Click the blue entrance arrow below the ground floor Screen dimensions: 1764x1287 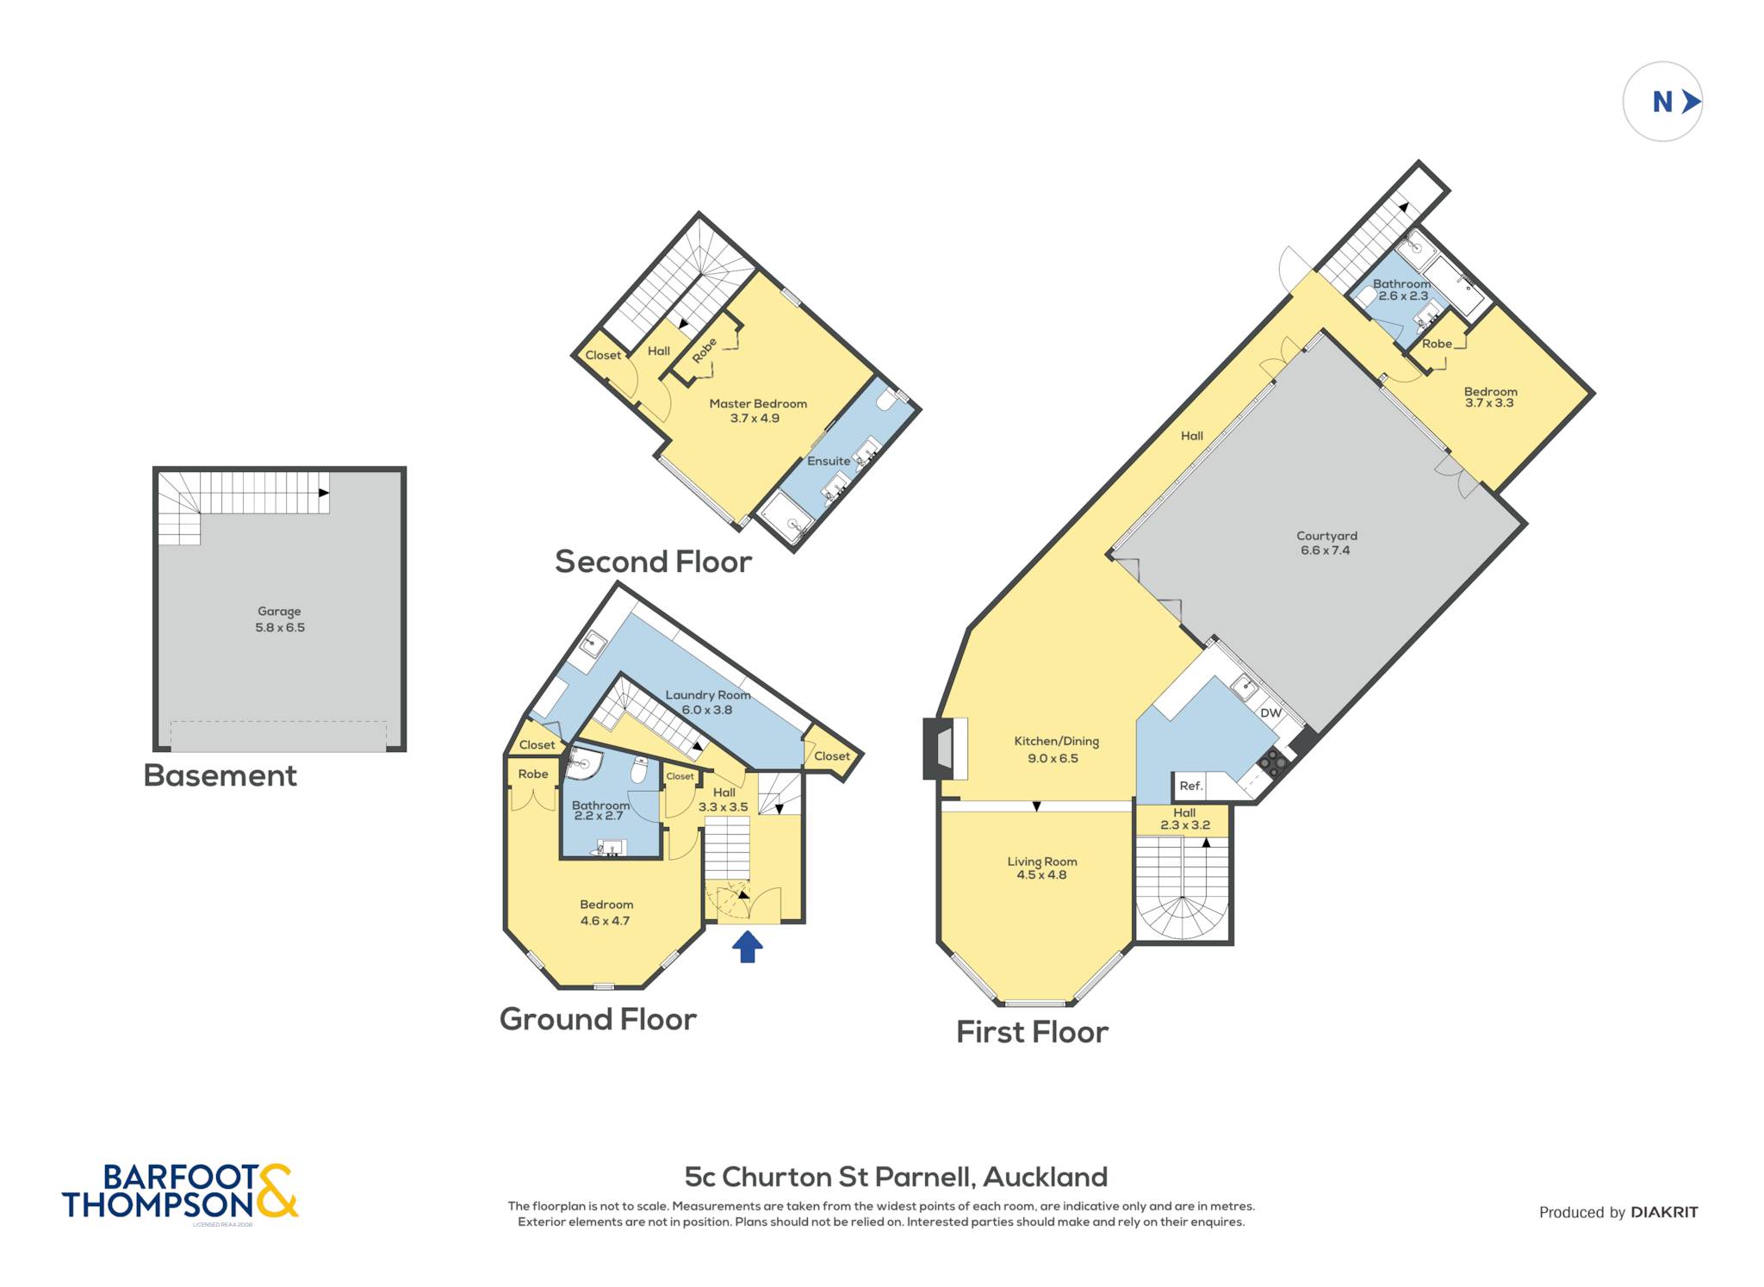pos(747,947)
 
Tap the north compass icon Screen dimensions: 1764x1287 pos(1662,102)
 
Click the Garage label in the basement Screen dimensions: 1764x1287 pos(279,612)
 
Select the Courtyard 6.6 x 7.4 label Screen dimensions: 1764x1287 pos(1326,543)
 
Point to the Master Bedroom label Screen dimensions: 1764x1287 pos(758,404)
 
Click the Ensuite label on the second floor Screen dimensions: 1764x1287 pos(829,461)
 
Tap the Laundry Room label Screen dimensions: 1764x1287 pos(708,695)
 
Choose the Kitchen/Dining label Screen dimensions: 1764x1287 pos(1056,742)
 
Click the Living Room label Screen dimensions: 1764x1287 pos(1042,861)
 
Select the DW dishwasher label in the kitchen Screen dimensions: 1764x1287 pos(1270,713)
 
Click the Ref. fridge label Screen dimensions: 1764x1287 pos(1190,786)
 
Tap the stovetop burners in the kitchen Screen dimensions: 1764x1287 pos(1274,762)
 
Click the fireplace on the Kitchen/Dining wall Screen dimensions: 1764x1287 pos(945,749)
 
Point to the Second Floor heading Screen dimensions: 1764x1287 pos(653,562)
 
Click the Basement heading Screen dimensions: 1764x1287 pos(220,775)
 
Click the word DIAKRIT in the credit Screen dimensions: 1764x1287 pos(1664,1212)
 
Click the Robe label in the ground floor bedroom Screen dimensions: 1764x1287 pos(533,774)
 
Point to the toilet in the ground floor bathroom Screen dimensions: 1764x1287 pos(639,769)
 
